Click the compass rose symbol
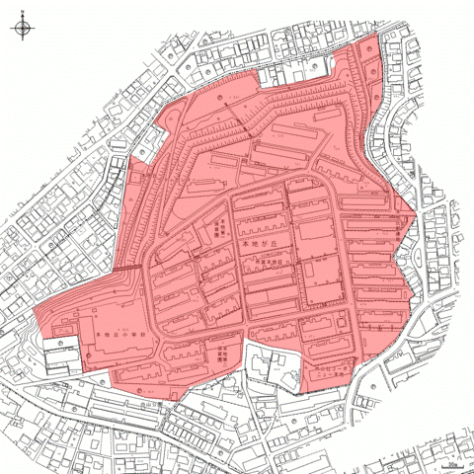(x=22, y=29)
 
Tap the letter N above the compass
(x=22, y=15)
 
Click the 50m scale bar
(x=451, y=462)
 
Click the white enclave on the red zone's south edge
(x=271, y=368)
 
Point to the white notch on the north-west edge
(x=138, y=168)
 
